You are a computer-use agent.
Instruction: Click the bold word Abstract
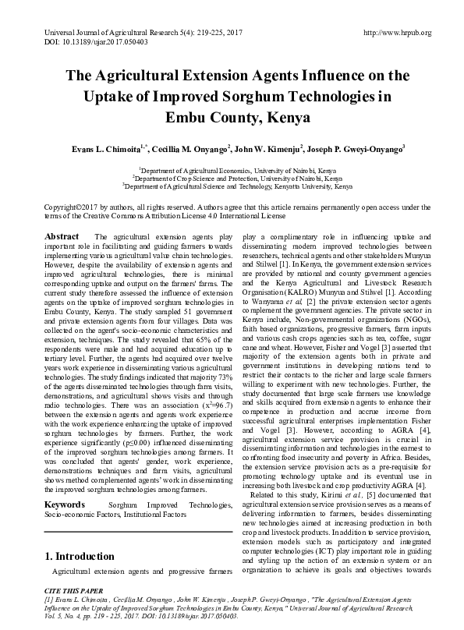pos(62,235)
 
